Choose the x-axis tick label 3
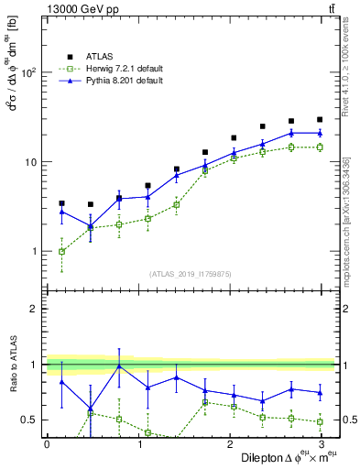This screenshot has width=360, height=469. tap(319, 442)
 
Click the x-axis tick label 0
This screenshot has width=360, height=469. tap(47, 442)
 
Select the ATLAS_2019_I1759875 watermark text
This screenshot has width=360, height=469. tap(189, 273)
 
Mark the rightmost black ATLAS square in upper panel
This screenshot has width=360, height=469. tap(319, 119)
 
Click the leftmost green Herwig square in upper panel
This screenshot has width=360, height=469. tap(61, 251)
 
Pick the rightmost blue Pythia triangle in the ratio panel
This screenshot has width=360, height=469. tap(319, 392)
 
